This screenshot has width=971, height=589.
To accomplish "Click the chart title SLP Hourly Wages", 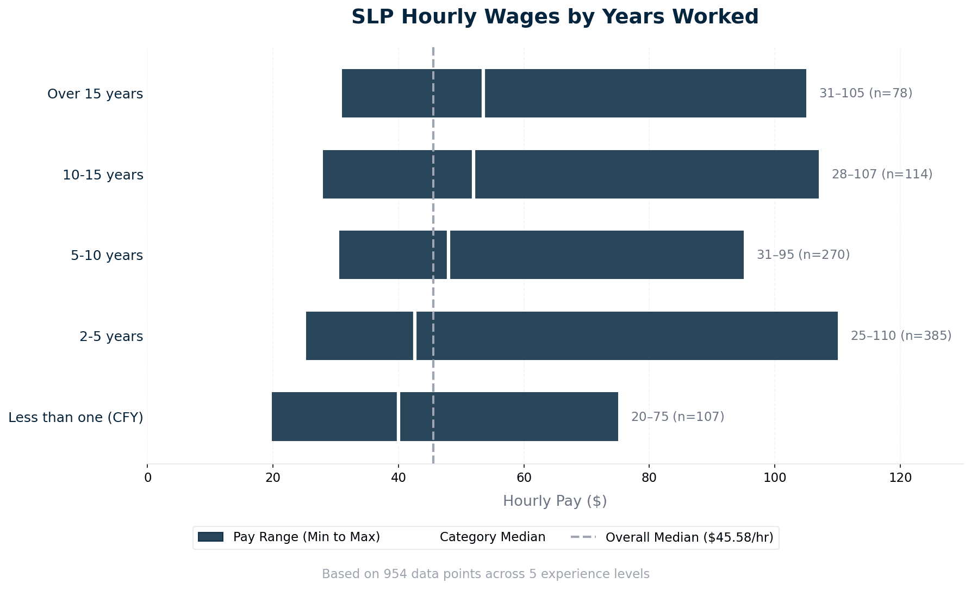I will coord(555,17).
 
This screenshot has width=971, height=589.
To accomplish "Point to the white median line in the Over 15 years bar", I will coord(483,93).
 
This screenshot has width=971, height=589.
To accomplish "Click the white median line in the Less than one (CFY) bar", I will coord(398,417).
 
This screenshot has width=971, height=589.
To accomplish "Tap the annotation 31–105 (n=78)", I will coord(866,93).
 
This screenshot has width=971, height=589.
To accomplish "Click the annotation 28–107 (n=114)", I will coord(882,174).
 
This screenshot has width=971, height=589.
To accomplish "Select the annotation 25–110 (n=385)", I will coord(901,336).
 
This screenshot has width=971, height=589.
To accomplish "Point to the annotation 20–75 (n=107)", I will coord(677,417).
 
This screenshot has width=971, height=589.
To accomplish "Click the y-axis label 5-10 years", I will coord(107,255).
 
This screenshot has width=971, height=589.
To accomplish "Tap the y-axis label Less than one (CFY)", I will coord(76,417).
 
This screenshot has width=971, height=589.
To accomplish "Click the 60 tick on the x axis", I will coord(524,478).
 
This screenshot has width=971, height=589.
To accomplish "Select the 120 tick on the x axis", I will coord(900,478).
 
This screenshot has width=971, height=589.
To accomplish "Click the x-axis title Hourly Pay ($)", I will coord(555,501).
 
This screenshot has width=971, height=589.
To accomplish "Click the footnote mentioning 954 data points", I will coord(485,574).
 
